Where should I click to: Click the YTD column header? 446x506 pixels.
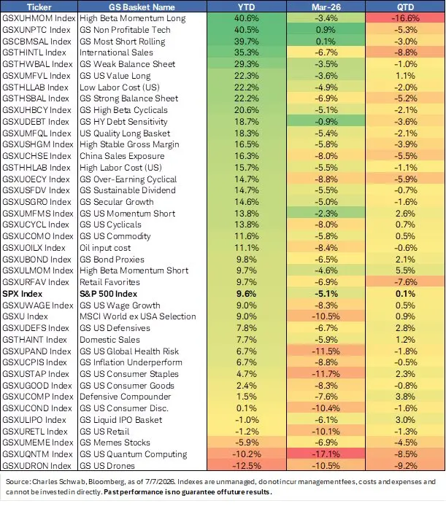tap(246, 7)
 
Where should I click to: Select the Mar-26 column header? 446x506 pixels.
tap(326, 7)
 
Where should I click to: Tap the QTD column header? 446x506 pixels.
tap(405, 7)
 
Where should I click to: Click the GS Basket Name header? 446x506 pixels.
tap(142, 7)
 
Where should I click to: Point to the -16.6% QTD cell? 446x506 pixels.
tap(405, 18)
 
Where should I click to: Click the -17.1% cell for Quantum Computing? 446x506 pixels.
tap(326, 454)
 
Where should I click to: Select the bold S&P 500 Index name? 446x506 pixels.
tap(109, 294)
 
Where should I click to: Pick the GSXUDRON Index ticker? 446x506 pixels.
tap(36, 466)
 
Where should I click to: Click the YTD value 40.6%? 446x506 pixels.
tap(246, 18)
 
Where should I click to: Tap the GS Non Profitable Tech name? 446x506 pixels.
tap(125, 30)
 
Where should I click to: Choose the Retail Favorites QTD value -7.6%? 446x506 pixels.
tap(405, 282)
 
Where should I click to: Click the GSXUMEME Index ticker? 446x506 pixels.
tap(38, 443)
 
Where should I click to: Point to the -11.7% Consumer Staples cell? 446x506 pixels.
tap(326, 374)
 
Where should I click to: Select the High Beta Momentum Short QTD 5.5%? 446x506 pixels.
tap(405, 270)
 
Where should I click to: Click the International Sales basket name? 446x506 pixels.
tap(116, 52)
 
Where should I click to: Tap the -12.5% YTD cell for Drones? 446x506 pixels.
tap(246, 466)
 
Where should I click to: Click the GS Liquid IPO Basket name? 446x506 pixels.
tap(121, 420)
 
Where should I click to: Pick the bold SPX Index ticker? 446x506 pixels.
tap(23, 294)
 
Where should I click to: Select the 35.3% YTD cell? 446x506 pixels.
tap(246, 52)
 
